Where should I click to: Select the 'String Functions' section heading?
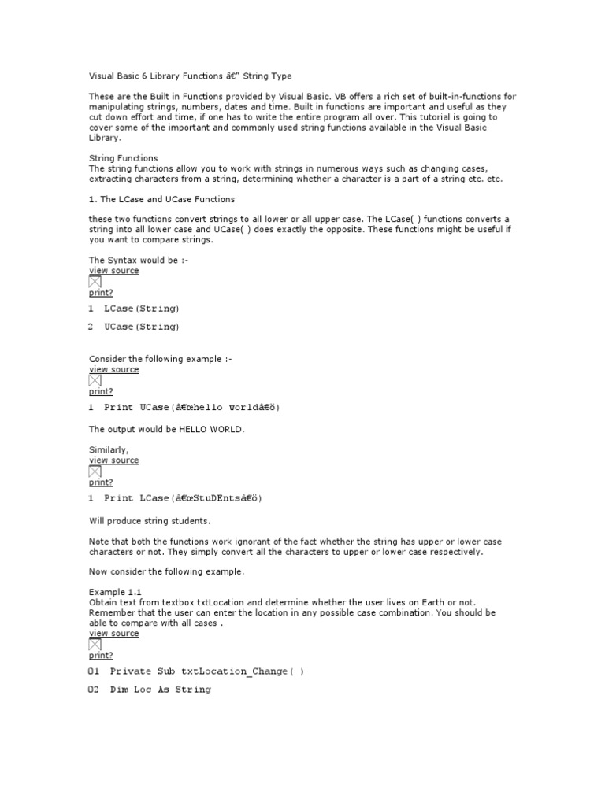123,158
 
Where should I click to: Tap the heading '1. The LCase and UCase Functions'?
161,199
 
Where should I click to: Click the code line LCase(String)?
142,309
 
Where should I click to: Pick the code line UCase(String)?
142,327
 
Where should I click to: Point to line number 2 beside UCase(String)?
91,327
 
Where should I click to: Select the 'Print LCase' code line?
183,498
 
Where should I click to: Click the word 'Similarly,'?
109,449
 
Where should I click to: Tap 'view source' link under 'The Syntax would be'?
114,271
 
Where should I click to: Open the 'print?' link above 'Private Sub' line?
101,655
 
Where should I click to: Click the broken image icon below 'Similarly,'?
95,471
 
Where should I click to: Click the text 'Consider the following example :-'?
161,359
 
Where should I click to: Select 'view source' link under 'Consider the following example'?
114,369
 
